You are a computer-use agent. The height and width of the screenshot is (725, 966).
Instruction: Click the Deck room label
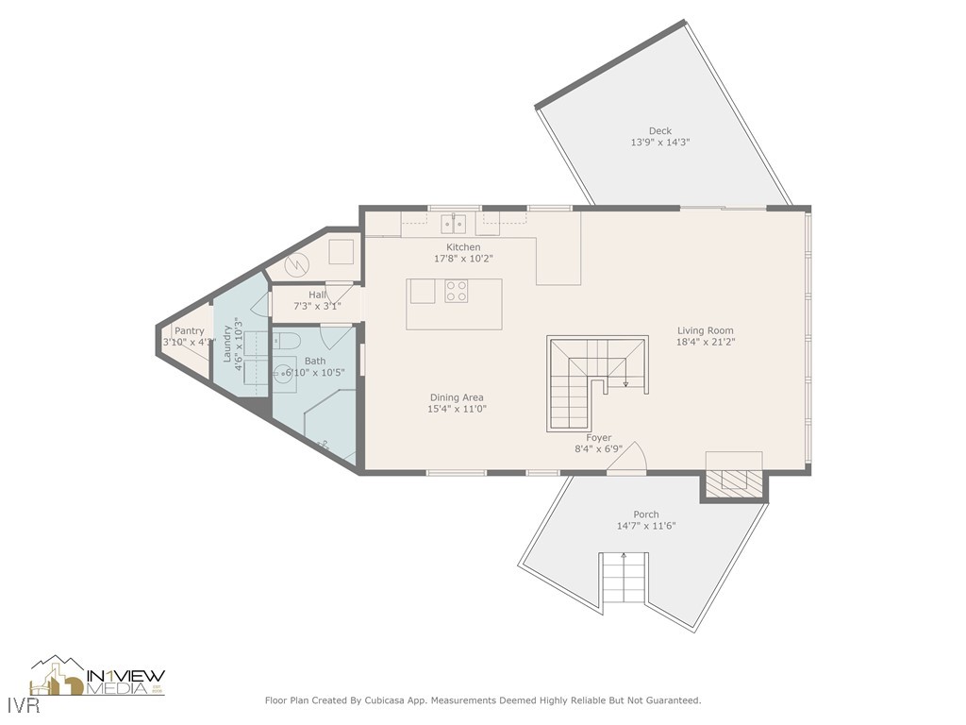(x=659, y=131)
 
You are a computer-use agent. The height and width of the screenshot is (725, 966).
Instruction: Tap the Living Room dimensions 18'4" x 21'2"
(x=705, y=342)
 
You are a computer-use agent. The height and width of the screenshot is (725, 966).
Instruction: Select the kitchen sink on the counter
(x=454, y=224)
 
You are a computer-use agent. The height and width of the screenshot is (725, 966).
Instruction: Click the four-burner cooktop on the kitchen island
(x=456, y=291)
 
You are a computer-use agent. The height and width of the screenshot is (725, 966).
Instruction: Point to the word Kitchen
(x=463, y=247)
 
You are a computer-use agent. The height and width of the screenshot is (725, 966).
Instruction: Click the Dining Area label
(x=457, y=397)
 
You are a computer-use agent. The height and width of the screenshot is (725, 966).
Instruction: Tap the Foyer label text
(x=598, y=438)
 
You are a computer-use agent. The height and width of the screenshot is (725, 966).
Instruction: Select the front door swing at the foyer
(x=632, y=457)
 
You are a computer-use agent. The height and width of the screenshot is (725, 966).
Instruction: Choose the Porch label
(x=646, y=514)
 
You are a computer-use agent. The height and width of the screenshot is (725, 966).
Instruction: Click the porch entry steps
(x=624, y=579)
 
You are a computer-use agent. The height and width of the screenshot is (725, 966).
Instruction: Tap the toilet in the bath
(x=289, y=340)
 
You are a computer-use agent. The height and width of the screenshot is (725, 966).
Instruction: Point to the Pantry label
(x=189, y=331)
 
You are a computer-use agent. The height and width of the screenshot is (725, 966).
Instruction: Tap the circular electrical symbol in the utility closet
(x=294, y=266)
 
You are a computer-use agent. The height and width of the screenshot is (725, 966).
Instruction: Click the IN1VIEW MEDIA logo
(x=97, y=677)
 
